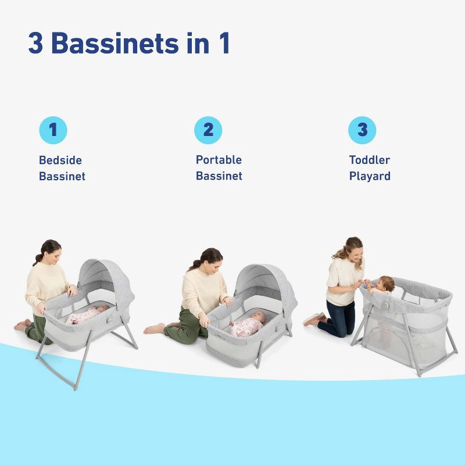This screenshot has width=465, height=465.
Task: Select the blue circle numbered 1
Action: click(53, 130)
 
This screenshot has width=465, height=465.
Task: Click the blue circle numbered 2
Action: click(208, 130)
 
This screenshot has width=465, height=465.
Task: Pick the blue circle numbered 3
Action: click(362, 130)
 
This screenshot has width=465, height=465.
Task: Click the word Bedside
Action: click(60, 160)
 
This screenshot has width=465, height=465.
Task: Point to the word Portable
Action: click(219, 160)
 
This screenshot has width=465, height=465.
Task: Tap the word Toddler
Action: click(370, 160)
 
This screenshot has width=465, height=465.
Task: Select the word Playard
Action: click(370, 176)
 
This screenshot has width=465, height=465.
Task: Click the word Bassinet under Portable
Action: click(219, 176)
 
